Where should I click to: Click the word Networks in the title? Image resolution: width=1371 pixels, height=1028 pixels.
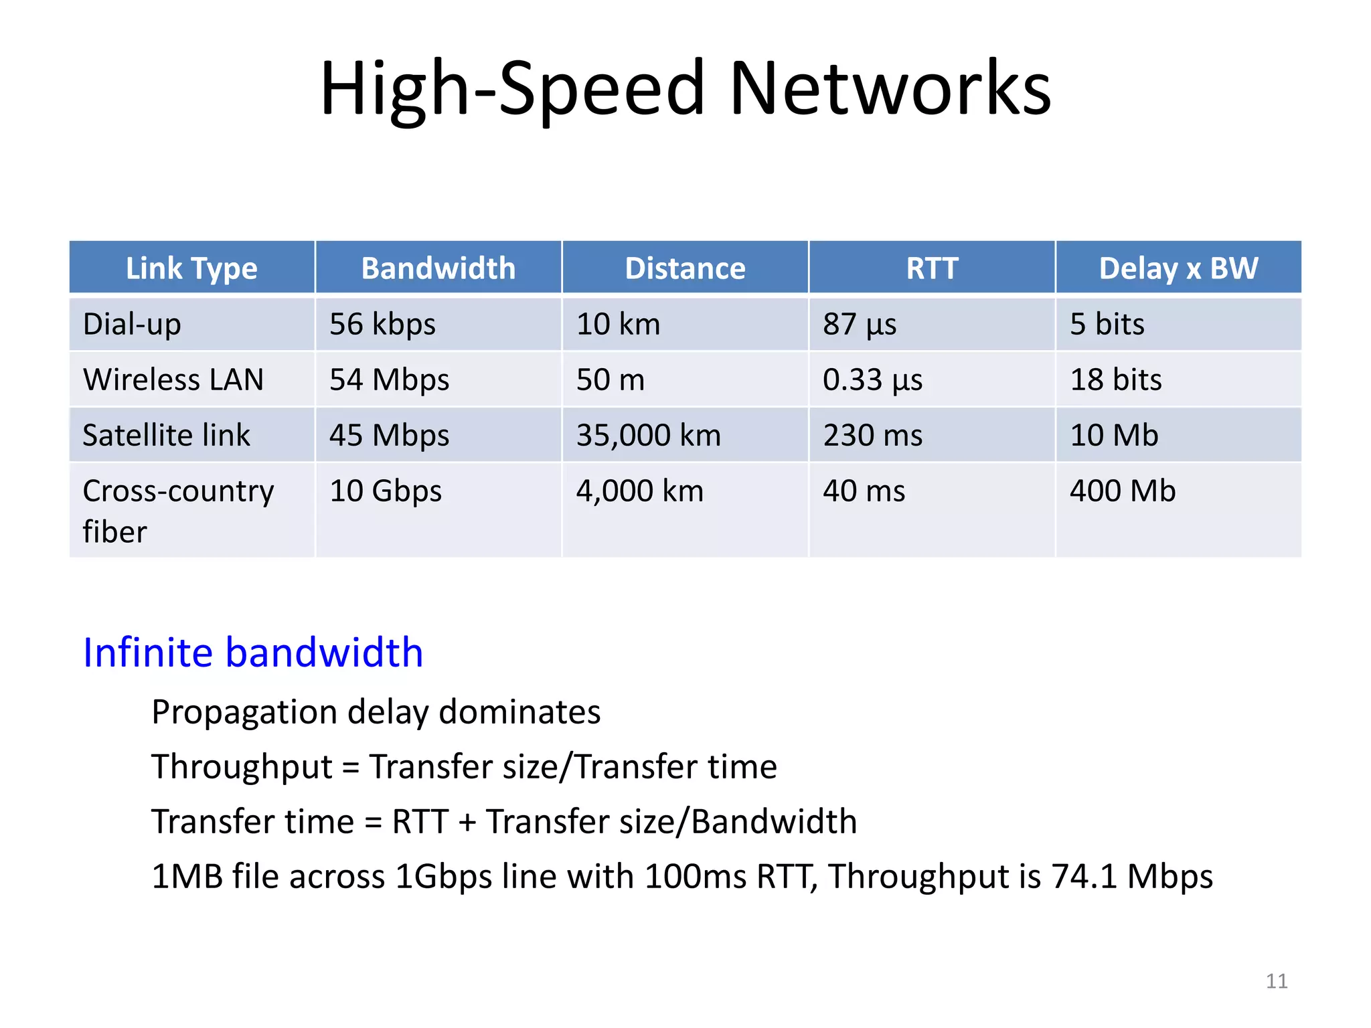pyautogui.click(x=890, y=88)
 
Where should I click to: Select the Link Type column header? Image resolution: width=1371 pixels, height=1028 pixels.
pyautogui.click(x=191, y=268)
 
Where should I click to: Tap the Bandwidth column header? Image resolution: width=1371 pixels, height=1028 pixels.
pyautogui.click(x=438, y=268)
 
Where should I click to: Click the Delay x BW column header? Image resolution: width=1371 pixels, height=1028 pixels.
pyautogui.click(x=1178, y=268)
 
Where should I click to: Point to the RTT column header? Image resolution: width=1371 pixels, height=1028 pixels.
pyautogui.click(x=932, y=268)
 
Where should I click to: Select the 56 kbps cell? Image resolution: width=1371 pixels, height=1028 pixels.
pyautogui.click(x=382, y=324)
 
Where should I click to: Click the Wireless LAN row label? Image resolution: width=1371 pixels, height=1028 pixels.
pyautogui.click(x=173, y=379)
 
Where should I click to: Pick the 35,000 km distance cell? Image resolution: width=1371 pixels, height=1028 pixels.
pyautogui.click(x=648, y=435)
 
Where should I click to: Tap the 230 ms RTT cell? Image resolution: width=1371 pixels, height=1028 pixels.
pyautogui.click(x=872, y=435)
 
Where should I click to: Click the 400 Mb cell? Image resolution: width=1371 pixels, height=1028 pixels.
pyautogui.click(x=1122, y=491)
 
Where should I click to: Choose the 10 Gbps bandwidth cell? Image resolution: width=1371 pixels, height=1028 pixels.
pyautogui.click(x=386, y=491)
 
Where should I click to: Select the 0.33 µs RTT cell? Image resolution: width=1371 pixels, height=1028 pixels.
pyautogui.click(x=872, y=379)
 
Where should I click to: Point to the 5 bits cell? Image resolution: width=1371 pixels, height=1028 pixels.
pyautogui.click(x=1107, y=324)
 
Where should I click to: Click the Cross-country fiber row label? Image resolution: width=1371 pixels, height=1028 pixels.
pyautogui.click(x=177, y=510)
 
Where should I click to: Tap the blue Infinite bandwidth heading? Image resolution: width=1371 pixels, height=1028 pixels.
pyautogui.click(x=253, y=652)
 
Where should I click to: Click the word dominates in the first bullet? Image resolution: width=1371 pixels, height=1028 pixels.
pyautogui.click(x=519, y=711)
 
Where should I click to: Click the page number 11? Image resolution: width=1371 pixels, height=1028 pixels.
pyautogui.click(x=1276, y=981)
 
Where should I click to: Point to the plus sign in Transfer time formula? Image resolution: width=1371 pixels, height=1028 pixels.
pyautogui.click(x=467, y=822)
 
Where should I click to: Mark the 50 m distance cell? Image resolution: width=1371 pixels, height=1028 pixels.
pyautogui.click(x=610, y=379)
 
